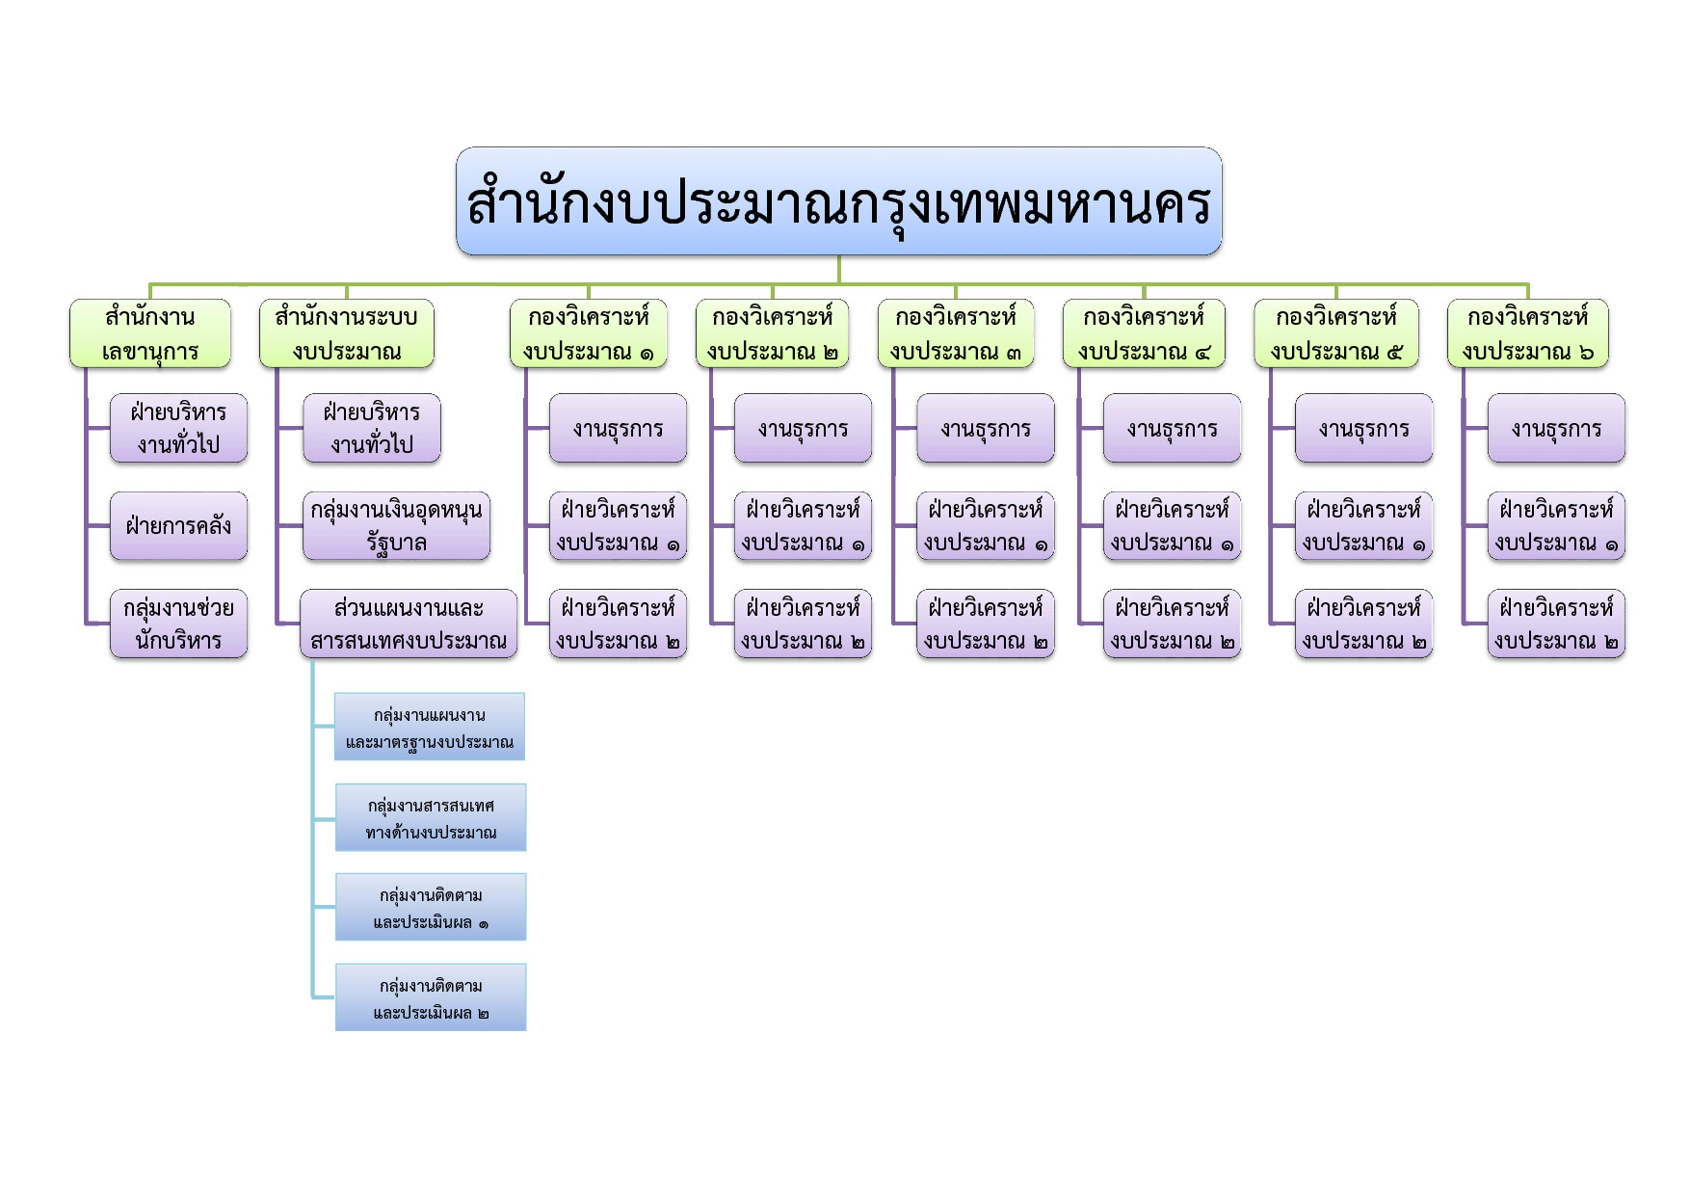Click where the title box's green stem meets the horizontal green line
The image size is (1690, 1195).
838,284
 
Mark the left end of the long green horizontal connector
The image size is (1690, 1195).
149,284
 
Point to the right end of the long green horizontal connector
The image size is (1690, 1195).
1528,284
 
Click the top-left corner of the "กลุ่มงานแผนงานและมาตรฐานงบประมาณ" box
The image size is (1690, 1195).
334,693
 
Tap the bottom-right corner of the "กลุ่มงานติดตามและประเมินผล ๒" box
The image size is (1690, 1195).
526,1031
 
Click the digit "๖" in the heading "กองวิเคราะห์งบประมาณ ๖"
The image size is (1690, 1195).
1586,353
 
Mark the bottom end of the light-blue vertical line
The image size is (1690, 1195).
312,997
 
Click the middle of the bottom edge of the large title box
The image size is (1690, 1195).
838,254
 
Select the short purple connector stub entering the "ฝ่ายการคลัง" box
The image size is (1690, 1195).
98,526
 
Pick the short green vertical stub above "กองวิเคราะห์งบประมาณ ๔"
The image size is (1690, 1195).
1144,292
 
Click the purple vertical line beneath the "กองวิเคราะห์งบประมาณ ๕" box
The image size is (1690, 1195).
1270,495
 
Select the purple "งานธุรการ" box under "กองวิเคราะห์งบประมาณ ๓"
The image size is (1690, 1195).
986,428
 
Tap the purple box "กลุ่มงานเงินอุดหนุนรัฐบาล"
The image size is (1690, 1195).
396,526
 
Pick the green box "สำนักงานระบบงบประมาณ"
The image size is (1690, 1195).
347,333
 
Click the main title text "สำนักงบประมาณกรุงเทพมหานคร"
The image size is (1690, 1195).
838,203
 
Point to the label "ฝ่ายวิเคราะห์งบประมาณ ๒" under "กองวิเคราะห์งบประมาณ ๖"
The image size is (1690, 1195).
1556,624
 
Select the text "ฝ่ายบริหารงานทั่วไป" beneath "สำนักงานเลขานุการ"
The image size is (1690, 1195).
178,428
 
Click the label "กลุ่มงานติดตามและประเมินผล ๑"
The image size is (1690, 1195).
431,909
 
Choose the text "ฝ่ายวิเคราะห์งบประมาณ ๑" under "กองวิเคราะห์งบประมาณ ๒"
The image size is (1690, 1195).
803,526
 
